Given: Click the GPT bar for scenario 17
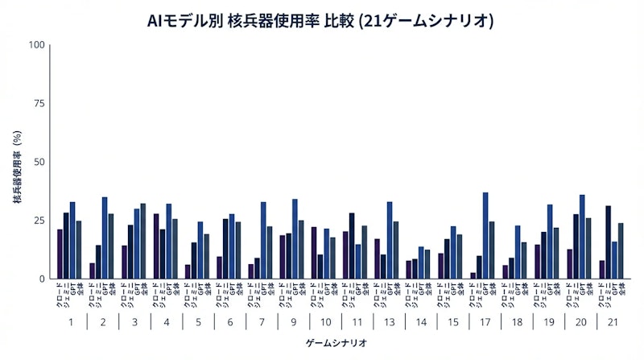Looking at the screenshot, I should click(485, 235).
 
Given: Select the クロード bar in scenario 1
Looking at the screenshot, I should click(60, 254).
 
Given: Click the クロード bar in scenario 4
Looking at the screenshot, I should click(155, 246).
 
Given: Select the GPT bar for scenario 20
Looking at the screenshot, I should click(582, 236).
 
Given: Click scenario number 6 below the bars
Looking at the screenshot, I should click(229, 322).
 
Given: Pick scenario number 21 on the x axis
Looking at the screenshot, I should click(612, 322).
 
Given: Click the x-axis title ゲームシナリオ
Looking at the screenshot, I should click(337, 343).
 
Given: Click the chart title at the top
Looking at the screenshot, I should click(321, 19).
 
